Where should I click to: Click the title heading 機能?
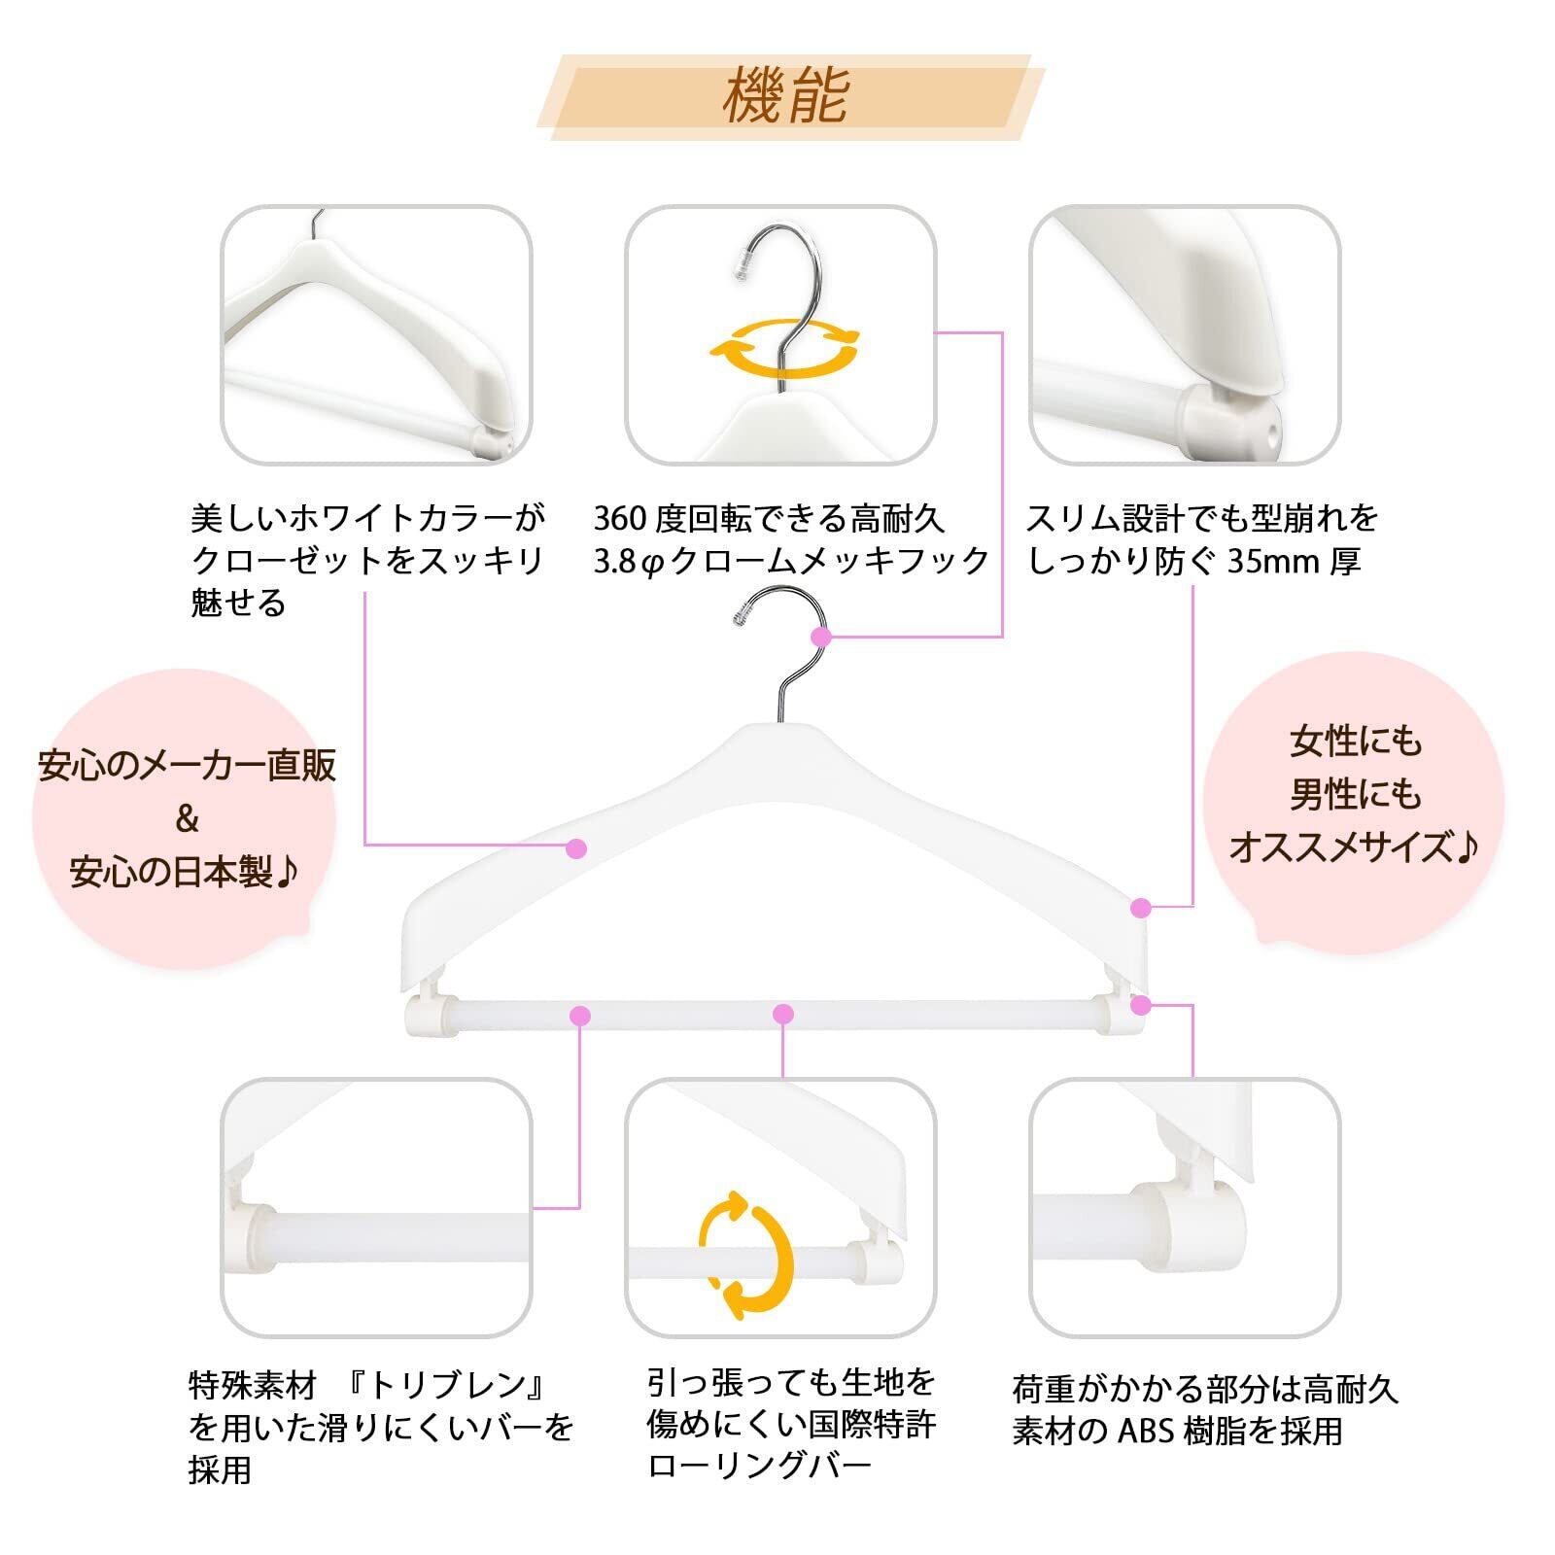786,95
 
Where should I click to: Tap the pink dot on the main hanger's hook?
821,637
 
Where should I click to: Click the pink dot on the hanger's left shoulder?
576,847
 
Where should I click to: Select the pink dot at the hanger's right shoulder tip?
1141,908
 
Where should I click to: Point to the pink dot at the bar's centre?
783,1015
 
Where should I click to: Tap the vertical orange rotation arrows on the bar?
746,1256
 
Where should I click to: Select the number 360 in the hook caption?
620,519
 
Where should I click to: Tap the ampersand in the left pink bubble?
187,819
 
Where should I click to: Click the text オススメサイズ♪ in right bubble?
1352,847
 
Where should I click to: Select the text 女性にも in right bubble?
1355,743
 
